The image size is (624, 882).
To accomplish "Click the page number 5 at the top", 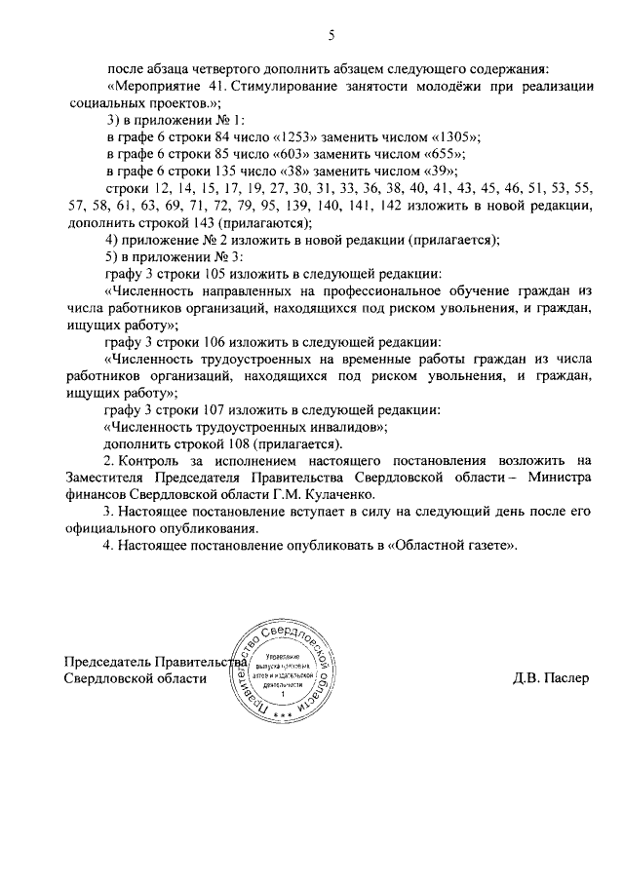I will click(x=331, y=36).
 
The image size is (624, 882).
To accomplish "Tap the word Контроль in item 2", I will click(x=151, y=460).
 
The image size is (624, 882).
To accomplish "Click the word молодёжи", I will click(x=410, y=87).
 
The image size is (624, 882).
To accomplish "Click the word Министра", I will click(x=557, y=478).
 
